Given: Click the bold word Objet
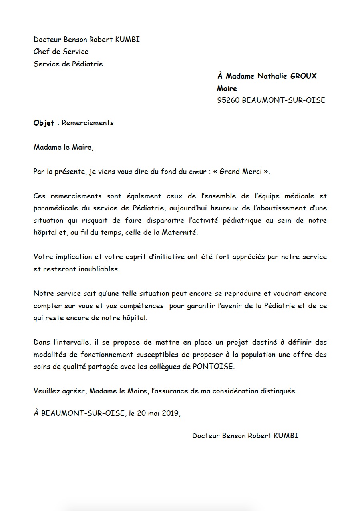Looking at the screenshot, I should tap(44, 123).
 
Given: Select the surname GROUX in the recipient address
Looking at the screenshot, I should tap(303, 76).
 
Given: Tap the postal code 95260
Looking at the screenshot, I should tap(228, 100).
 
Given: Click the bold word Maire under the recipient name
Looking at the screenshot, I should tap(227, 88).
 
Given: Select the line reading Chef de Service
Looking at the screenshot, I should tap(61, 52).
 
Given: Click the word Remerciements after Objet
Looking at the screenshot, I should tap(88, 123).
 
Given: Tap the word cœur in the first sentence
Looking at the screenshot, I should tap(195, 172).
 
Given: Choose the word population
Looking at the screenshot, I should tap(262, 355).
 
